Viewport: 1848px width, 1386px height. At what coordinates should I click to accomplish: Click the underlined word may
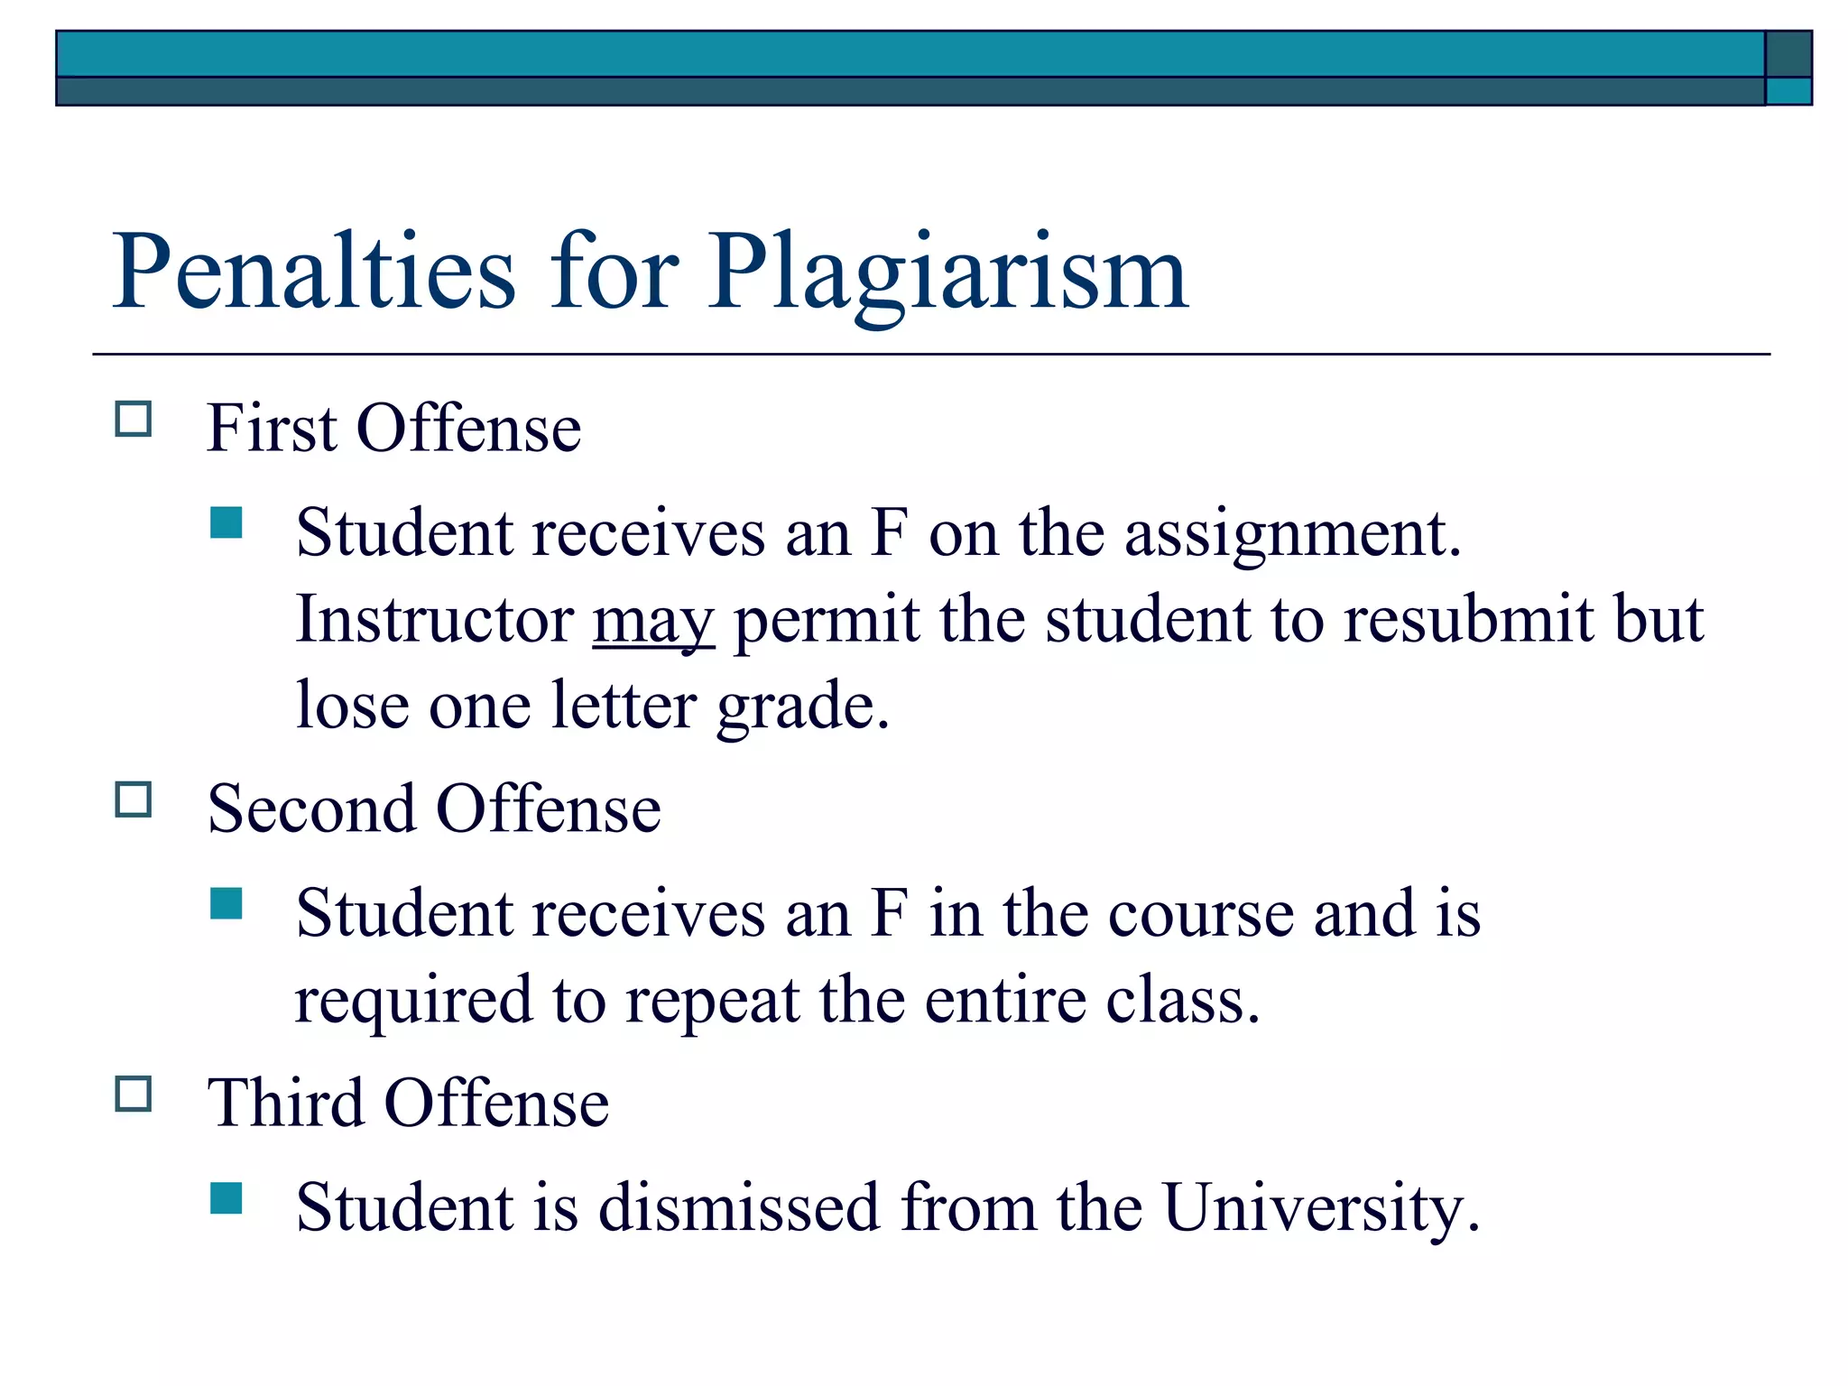point(653,623)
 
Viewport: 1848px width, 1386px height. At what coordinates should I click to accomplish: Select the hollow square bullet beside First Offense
point(134,420)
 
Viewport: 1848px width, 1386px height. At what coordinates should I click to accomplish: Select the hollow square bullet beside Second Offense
point(134,799)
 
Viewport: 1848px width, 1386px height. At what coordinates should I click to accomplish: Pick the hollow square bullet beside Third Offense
point(134,1094)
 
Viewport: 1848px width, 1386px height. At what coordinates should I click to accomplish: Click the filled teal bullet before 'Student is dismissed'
point(226,1198)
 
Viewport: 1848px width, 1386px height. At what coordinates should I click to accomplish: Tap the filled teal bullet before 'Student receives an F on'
point(226,522)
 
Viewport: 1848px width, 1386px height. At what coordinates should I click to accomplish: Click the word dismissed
point(739,1207)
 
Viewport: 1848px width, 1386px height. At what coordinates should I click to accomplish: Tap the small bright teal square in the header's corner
point(1788,91)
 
